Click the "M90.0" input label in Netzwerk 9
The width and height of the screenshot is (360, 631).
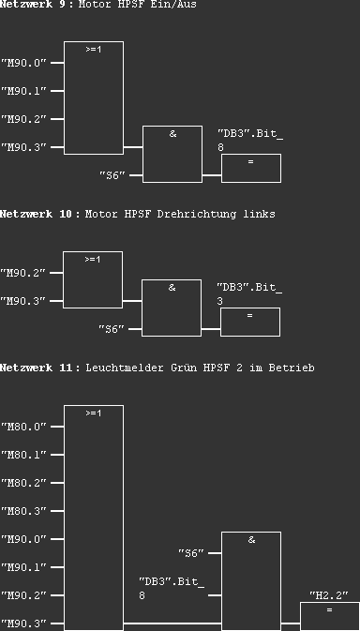(x=24, y=63)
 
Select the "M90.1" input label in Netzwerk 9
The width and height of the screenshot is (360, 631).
(x=24, y=91)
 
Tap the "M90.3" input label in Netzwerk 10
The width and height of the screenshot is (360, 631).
(x=24, y=301)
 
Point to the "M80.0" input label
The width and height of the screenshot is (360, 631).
(x=24, y=427)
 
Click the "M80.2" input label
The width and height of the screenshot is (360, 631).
(x=24, y=483)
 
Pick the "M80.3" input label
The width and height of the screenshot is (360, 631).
(x=24, y=511)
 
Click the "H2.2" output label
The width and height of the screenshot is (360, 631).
(x=329, y=595)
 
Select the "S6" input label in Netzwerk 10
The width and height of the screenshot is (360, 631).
(x=112, y=329)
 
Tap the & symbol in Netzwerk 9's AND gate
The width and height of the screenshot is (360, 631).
(x=172, y=135)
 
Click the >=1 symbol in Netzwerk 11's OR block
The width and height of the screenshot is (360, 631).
(x=93, y=413)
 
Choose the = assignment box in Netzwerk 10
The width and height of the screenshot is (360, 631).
(x=249, y=321)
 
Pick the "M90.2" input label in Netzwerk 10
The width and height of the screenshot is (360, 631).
(x=24, y=273)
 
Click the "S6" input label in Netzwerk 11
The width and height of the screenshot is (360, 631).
(x=191, y=553)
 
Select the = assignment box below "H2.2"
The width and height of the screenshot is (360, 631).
(x=329, y=615)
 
